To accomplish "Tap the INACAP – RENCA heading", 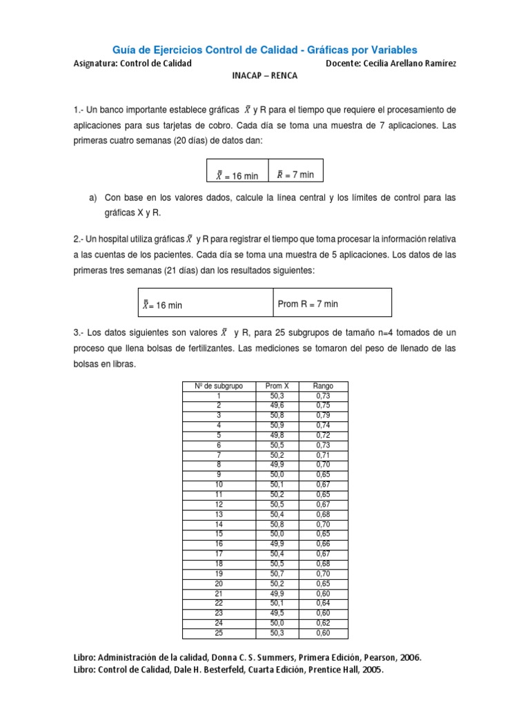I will coord(264,76).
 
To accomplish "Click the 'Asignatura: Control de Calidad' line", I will coord(132,64).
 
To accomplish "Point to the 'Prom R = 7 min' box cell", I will coord(308,304).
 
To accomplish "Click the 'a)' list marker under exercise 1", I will coord(93,198).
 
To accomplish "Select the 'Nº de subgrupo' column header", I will coord(218,386).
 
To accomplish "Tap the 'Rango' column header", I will coord(323,386).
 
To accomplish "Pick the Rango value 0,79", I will coord(323,416).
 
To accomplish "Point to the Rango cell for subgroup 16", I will coord(323,545).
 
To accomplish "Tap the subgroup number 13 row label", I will coord(218,515).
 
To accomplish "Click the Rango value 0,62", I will coord(323,623).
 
